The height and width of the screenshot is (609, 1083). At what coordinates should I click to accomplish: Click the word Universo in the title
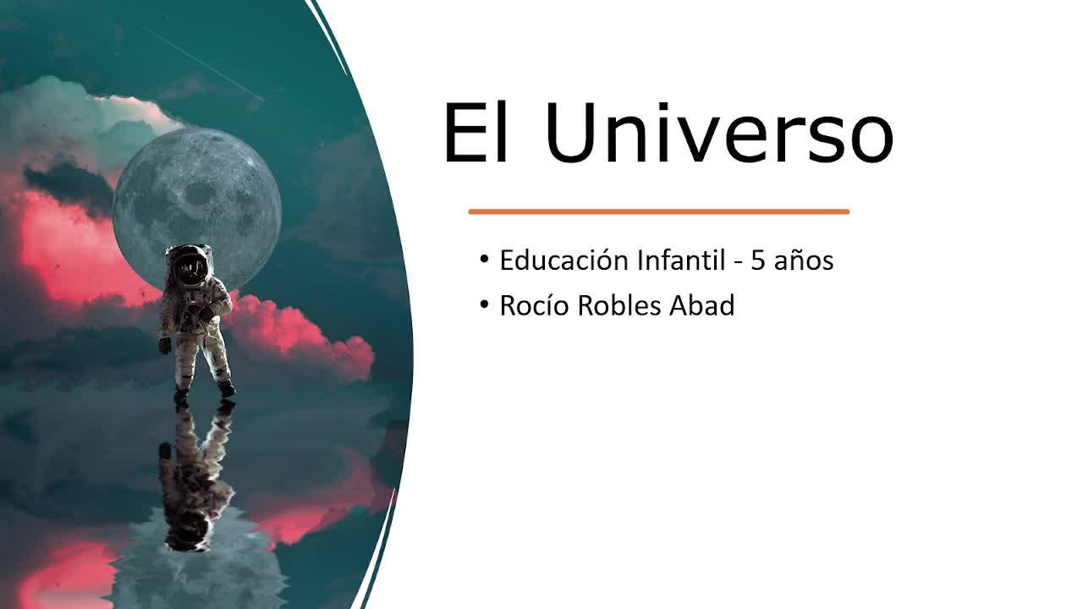pyautogui.click(x=719, y=133)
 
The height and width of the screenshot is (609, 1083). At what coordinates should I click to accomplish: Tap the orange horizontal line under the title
pyautogui.click(x=658, y=211)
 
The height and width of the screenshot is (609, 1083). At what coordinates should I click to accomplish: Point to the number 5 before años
pyautogui.click(x=757, y=261)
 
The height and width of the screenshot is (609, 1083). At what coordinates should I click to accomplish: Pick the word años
pyautogui.click(x=804, y=261)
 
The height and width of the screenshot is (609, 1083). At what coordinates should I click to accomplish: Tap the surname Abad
pyautogui.click(x=702, y=305)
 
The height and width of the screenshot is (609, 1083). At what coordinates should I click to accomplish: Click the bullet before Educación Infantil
pyautogui.click(x=484, y=260)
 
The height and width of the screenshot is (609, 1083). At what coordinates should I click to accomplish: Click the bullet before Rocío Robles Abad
pyautogui.click(x=484, y=304)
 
